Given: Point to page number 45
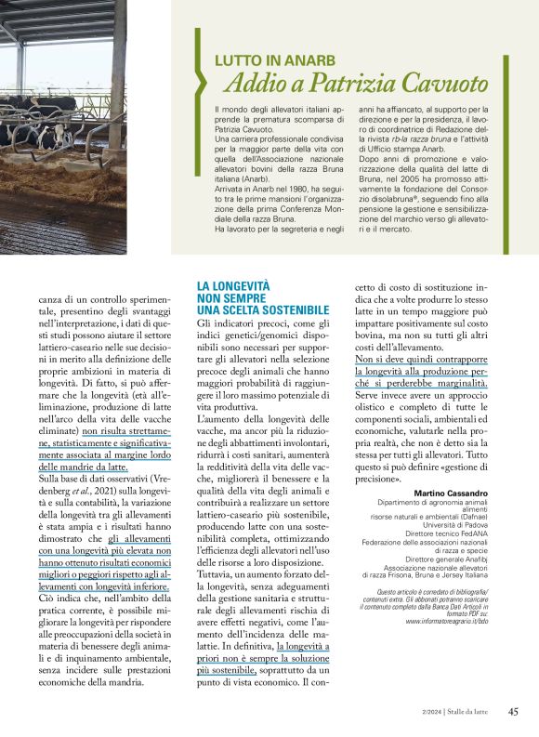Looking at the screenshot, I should click(513, 712).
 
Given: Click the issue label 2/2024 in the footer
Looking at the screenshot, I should click(433, 713).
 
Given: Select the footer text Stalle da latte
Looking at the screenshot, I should click(473, 713).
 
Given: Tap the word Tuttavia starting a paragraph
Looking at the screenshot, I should click(220, 533).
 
